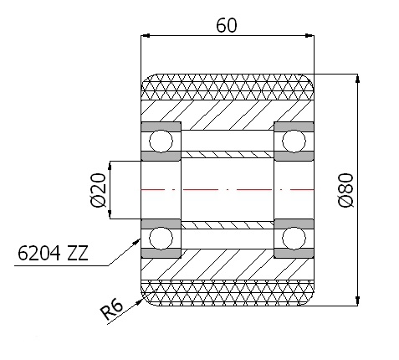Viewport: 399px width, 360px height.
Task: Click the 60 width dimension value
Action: point(227,25)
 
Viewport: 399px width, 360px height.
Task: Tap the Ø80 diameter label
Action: point(346,190)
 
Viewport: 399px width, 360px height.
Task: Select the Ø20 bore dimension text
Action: point(99,190)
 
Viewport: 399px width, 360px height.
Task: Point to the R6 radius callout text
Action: point(111,309)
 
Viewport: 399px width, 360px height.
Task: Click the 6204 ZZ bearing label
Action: point(53,253)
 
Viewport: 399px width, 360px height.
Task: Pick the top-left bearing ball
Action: point(161,141)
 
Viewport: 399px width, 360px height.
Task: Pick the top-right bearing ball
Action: point(294,141)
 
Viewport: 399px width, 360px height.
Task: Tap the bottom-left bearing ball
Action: point(161,239)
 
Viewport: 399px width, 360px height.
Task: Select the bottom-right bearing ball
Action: point(294,239)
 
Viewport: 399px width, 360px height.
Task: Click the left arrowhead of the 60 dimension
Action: point(146,36)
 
